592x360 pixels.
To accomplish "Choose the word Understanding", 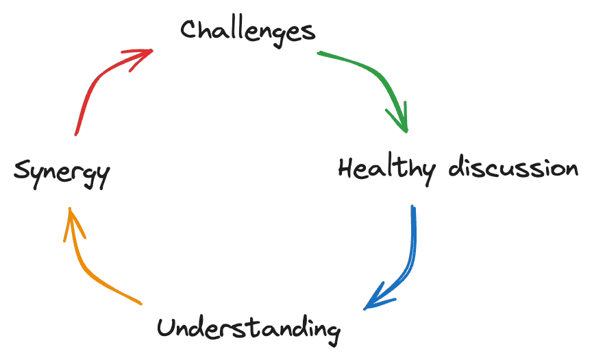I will pyautogui.click(x=248, y=328).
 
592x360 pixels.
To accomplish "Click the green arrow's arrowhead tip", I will pyautogui.click(x=407, y=131).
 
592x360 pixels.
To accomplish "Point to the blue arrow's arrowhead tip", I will pyautogui.click(x=365, y=309).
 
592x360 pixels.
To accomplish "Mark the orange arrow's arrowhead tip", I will pyautogui.click(x=69, y=207).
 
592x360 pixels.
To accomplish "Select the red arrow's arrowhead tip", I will pyautogui.click(x=152, y=50).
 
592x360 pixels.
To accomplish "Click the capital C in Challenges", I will pyautogui.click(x=190, y=29).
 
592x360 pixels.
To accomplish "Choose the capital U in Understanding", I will pyautogui.click(x=166, y=327).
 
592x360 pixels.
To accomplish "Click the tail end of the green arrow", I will pyautogui.click(x=318, y=52).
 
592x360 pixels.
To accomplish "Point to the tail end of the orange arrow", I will pyautogui.click(x=141, y=303).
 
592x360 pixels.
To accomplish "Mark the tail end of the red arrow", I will pyautogui.click(x=76, y=135).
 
